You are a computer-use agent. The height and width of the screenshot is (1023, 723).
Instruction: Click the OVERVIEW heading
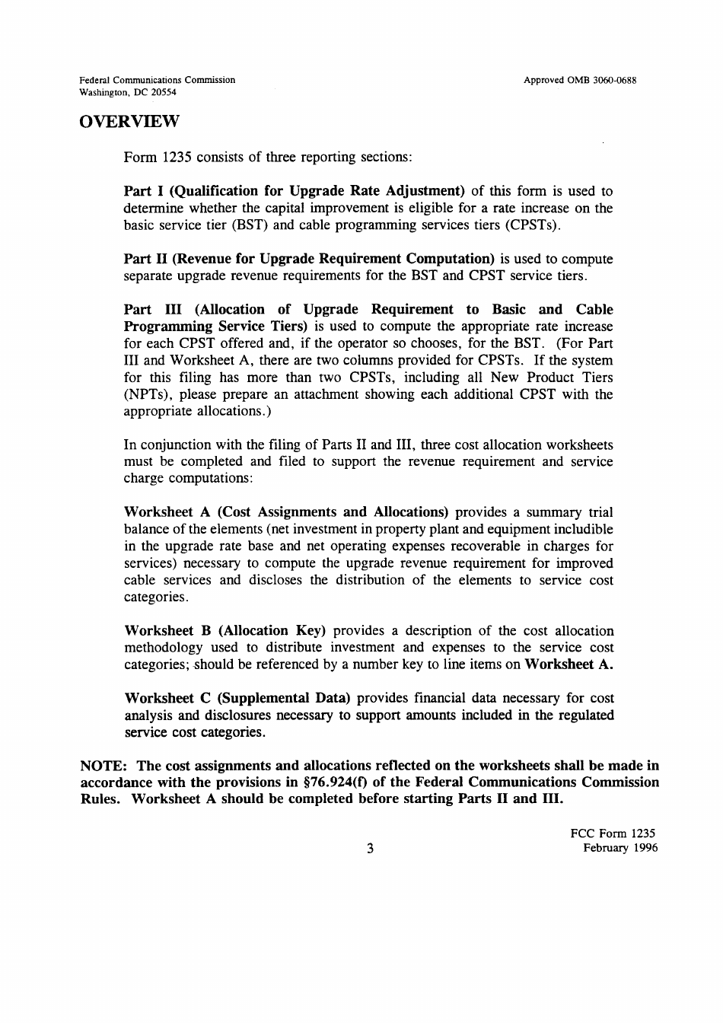pyautogui.click(x=129, y=122)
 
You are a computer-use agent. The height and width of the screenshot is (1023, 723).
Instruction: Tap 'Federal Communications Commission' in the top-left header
pyautogui.click(x=158, y=80)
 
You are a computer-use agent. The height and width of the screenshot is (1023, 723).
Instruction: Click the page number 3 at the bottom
pyautogui.click(x=370, y=849)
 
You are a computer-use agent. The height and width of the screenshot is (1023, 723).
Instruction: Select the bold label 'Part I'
pyautogui.click(x=141, y=191)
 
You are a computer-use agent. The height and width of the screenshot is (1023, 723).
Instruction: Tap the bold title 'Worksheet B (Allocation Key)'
pyautogui.click(x=225, y=630)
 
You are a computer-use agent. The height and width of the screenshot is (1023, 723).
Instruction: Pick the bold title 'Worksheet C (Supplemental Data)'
pyautogui.click(x=237, y=698)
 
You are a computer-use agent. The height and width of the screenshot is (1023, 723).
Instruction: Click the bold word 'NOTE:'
pyautogui.click(x=104, y=766)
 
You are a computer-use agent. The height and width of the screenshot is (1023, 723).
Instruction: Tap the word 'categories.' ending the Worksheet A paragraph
pyautogui.click(x=155, y=597)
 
